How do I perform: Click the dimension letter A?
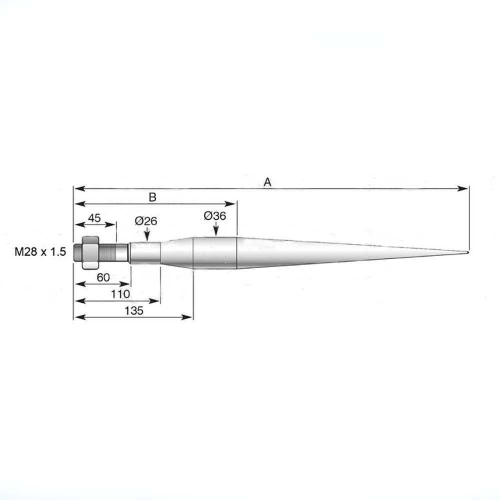(x=267, y=182)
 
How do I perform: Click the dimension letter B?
(x=152, y=197)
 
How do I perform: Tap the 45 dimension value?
(x=94, y=218)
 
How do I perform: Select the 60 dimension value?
(x=103, y=277)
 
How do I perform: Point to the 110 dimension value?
(x=120, y=294)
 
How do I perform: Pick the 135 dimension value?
(x=134, y=310)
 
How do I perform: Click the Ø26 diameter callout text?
(x=145, y=220)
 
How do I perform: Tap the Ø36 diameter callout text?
(x=215, y=216)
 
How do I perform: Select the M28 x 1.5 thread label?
(x=40, y=252)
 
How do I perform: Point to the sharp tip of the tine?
(x=467, y=251)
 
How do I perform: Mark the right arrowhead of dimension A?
(x=465, y=188)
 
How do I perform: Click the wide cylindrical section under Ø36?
(x=214, y=253)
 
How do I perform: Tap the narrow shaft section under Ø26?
(x=145, y=252)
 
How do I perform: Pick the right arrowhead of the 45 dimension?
(x=113, y=225)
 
